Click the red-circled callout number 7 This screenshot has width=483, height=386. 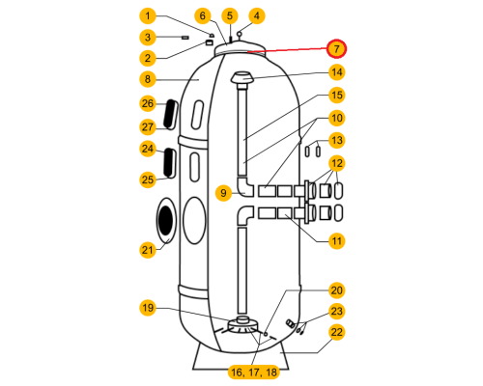point(336,49)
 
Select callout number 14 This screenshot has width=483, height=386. point(337,72)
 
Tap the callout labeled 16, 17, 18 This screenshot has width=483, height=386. point(254,372)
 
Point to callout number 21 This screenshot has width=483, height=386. point(148,250)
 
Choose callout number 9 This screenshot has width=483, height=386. point(223,193)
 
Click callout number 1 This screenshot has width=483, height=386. point(148,15)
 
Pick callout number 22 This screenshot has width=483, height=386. point(337,332)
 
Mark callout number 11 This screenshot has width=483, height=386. point(337,241)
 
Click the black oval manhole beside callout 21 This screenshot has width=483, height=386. point(166,220)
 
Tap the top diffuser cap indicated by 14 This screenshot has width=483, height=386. point(242,78)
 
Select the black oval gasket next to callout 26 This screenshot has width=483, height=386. point(170,114)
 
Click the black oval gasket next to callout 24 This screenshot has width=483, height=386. point(168,162)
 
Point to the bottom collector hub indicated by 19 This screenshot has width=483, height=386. point(242,324)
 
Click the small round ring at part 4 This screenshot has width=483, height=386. point(240,34)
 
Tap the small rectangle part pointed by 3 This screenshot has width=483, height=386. point(185,38)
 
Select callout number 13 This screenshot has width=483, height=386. point(337,141)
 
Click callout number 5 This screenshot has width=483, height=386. point(230,15)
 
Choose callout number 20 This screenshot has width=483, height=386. point(337,290)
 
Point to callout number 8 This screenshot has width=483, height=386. point(148,79)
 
